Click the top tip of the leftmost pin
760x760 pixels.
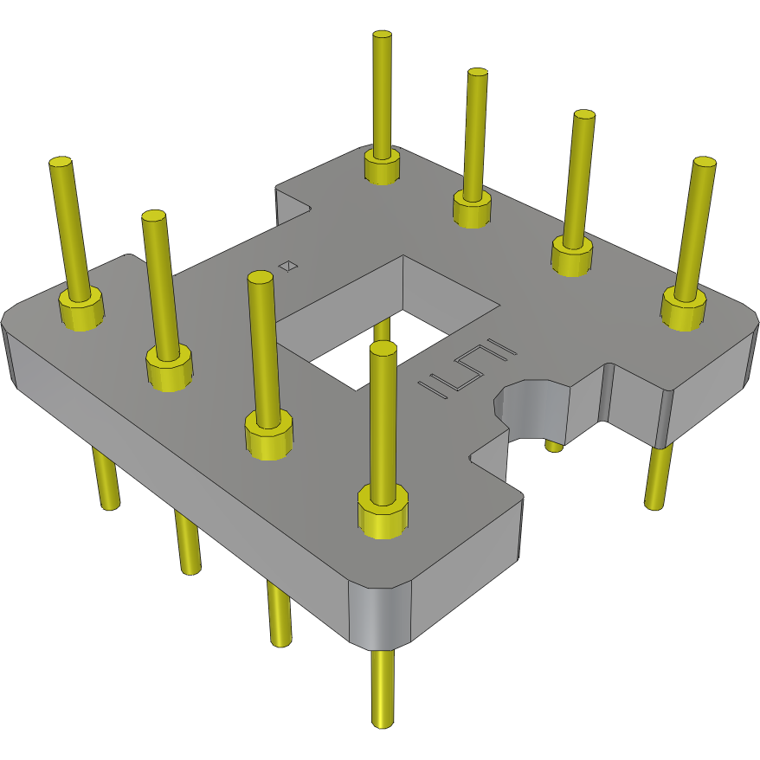pos(60,163)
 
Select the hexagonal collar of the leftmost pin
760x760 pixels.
pos(81,310)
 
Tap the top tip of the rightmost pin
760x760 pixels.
pos(705,163)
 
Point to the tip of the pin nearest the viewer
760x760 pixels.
pos(383,348)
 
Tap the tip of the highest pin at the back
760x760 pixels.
pos(383,36)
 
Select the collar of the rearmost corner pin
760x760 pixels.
pos(382,166)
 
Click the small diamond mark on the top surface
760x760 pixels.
pos(290,266)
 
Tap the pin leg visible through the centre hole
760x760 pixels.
pos(382,330)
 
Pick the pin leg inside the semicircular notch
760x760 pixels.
pos(554,446)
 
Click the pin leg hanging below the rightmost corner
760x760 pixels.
pos(658,476)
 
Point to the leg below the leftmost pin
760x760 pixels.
pos(106,480)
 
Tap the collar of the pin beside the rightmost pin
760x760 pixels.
pos(572,256)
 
